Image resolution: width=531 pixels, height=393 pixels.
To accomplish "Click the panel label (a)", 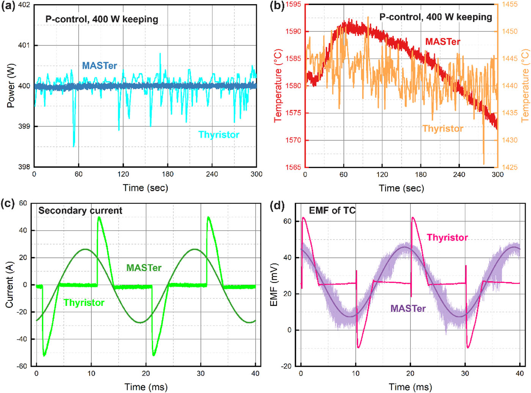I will pos(8,7).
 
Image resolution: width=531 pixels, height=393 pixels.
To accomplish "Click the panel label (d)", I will pos(277,206).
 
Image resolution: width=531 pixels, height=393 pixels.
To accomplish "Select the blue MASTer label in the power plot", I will pos(99,65).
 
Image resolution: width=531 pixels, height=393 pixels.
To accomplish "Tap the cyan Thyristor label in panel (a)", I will pos(219,135).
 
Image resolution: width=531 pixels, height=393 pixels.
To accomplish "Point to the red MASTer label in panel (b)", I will pos(442,42).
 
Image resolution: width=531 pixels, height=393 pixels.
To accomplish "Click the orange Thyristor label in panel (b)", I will pos(443,129).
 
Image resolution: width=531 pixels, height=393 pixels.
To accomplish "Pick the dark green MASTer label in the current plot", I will pos(144,268).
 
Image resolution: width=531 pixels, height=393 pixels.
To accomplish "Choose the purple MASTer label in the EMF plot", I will pos(408,309).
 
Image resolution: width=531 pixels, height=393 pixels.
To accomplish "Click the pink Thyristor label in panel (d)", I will pos(447,237).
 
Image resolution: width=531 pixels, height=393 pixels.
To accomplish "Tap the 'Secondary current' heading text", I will pos(80,211).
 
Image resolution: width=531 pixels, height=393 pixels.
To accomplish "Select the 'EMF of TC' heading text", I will pos(332,211).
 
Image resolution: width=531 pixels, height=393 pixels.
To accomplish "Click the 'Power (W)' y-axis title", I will pos(11,86).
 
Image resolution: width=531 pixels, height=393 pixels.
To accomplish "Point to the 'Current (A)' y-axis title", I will pos(9,284).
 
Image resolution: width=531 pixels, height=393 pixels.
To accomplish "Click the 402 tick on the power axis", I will pos(24,5).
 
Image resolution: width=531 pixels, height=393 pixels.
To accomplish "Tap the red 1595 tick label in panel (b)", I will pos(293,5).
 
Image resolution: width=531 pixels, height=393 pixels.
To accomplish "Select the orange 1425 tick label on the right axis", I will pos(510,167).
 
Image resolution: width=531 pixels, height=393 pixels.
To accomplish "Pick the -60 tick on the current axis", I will pos(22,366).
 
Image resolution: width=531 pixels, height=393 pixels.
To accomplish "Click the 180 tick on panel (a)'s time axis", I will pos(168,174).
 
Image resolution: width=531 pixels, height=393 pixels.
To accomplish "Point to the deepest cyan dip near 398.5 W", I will pos(74,146).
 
